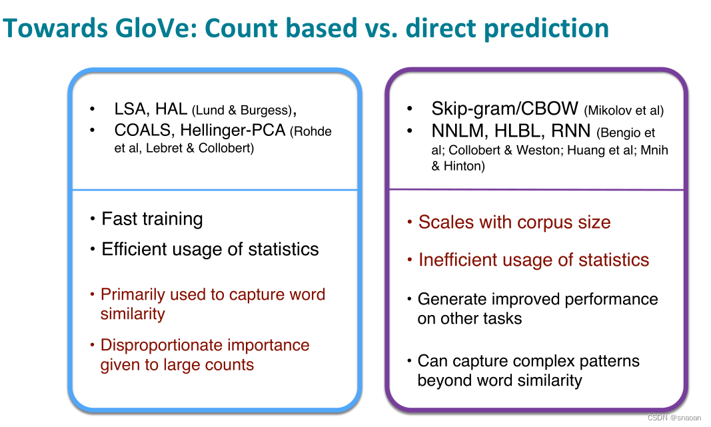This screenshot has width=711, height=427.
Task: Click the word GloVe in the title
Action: [x=155, y=28]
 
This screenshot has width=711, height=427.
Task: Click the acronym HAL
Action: [x=171, y=109]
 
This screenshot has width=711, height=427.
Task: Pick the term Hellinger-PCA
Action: [x=233, y=131]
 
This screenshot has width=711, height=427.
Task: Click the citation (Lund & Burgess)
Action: [x=242, y=110]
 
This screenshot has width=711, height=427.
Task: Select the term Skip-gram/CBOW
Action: [x=504, y=109]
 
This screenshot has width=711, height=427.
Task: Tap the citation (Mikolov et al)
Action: [x=624, y=111]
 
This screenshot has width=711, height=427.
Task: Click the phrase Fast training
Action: [x=153, y=219]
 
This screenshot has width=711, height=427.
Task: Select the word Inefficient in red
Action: [x=458, y=260]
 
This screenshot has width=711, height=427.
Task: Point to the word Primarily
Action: [x=133, y=295]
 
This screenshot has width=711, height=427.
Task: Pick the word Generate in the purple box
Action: [x=452, y=299]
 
